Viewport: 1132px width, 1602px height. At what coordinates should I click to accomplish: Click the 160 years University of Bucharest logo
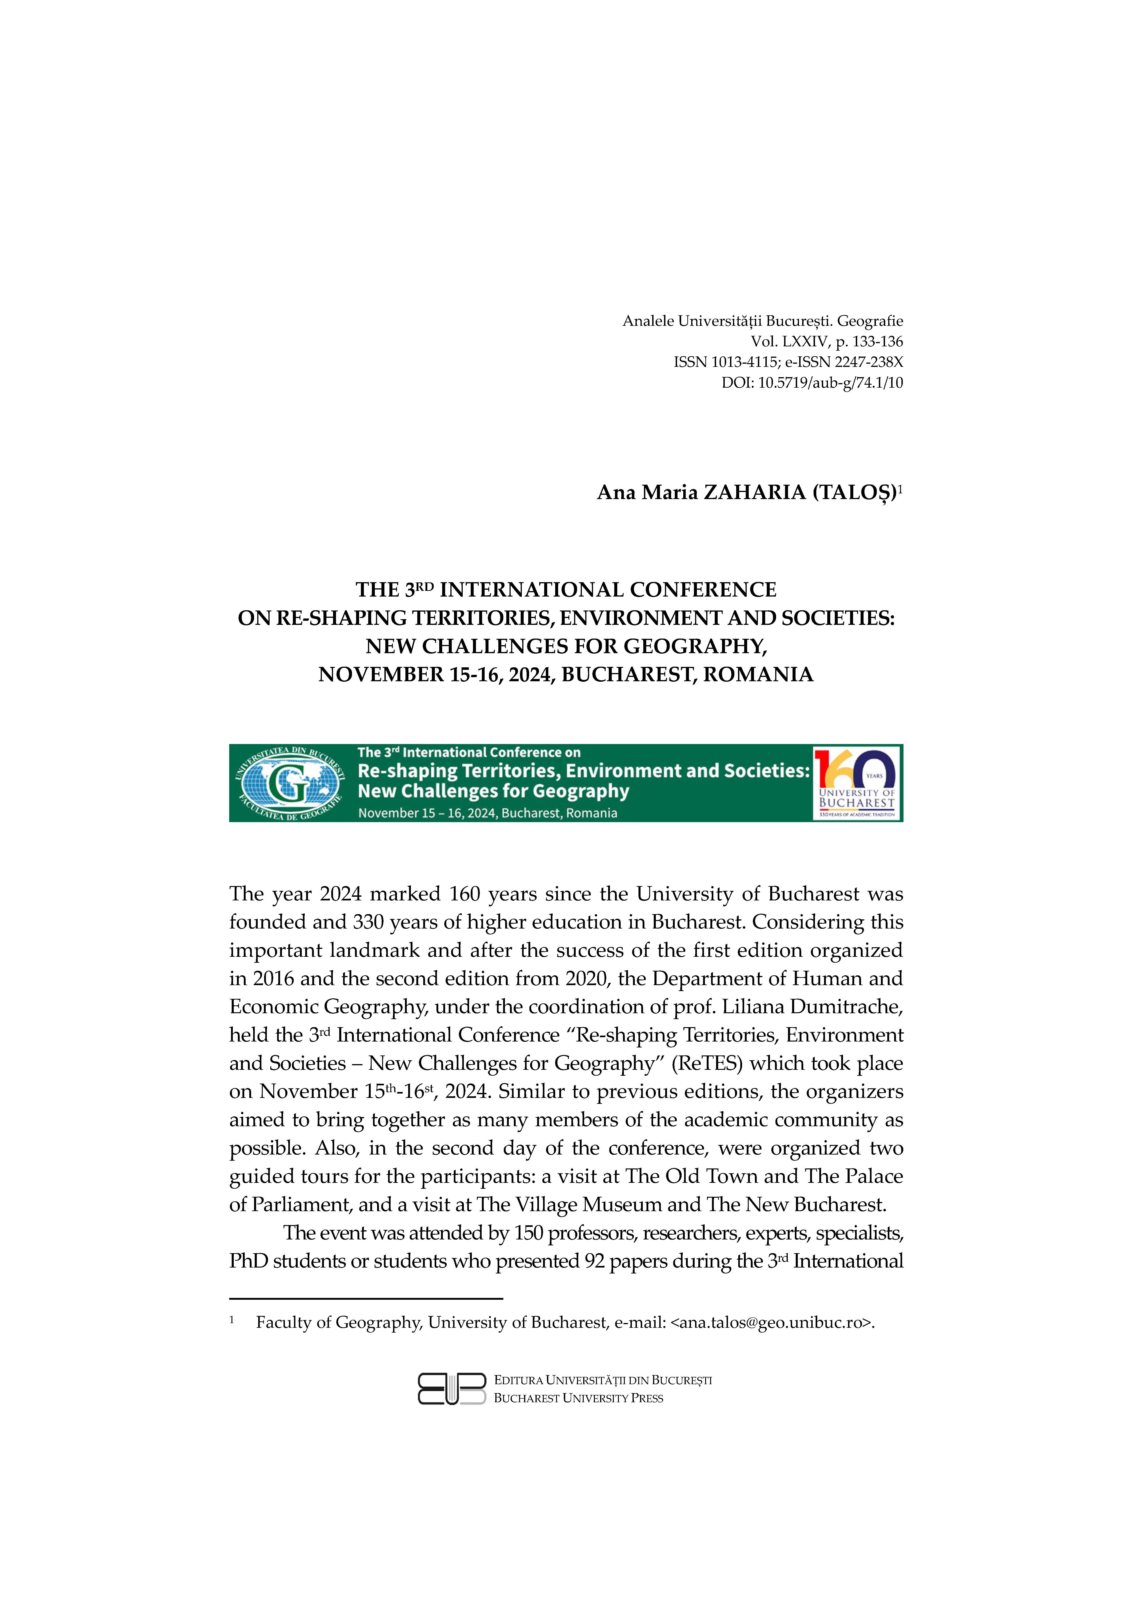coord(856,783)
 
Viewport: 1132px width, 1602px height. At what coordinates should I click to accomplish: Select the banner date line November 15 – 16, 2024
coord(488,813)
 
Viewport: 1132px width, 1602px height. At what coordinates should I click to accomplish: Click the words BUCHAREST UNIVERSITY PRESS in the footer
coord(578,1398)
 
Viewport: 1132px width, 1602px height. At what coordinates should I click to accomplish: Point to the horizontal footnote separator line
coord(366,1299)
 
